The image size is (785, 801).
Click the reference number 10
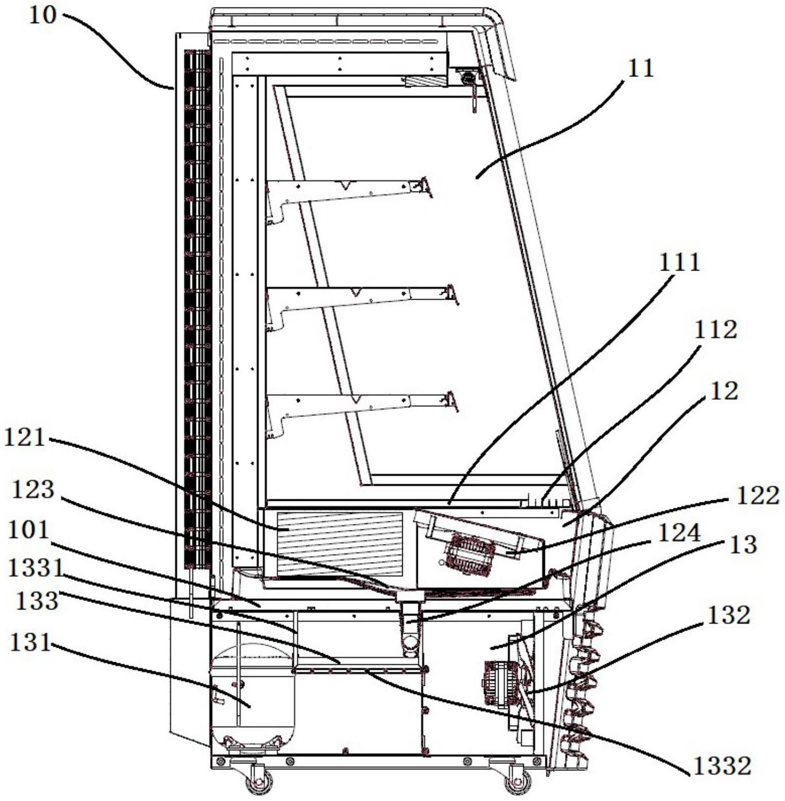click(41, 15)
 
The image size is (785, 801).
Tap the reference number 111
click(679, 263)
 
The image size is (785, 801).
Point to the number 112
click(715, 330)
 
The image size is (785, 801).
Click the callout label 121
click(24, 437)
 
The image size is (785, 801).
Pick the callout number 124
click(679, 533)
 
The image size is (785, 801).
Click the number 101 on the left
click(29, 530)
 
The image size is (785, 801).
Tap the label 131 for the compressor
click(31, 642)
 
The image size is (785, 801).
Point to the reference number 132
click(728, 615)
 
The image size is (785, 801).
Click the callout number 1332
click(721, 766)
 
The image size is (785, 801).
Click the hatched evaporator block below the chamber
click(339, 543)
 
